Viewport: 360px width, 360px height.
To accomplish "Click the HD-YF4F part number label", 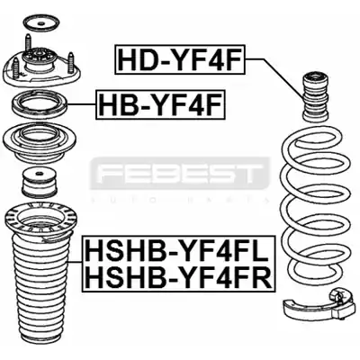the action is pos(180,59).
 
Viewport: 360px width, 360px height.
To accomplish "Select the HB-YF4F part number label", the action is pos(160,104).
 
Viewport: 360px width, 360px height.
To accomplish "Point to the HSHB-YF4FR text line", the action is pos(178,277).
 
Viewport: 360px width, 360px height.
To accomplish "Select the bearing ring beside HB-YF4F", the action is pos(40,104).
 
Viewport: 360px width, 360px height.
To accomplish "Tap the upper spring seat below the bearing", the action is pos(40,143).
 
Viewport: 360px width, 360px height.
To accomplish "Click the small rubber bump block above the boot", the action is pos(40,184).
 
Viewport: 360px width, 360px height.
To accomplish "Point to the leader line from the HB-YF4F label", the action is pos(82,104).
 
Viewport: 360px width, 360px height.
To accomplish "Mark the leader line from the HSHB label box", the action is pos(76,262).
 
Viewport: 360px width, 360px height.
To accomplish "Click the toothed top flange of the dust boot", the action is pos(40,220).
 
